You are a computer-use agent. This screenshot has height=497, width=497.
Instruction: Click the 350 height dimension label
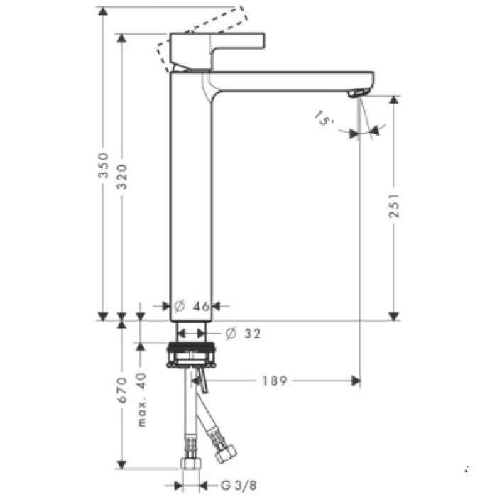[103, 165]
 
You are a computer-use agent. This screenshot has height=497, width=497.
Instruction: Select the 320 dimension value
[122, 175]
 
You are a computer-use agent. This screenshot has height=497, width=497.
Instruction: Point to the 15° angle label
[323, 119]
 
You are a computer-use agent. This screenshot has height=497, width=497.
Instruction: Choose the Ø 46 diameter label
[192, 306]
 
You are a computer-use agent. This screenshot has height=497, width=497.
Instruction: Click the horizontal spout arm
[291, 80]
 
